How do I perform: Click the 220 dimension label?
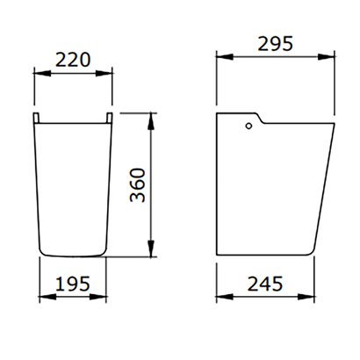73,60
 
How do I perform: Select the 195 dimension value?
73,284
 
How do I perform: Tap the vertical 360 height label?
138,185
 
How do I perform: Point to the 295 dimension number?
275,44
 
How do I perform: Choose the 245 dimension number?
265,284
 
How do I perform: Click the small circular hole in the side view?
248,126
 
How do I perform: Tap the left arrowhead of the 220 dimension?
42,74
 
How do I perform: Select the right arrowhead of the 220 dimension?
104,74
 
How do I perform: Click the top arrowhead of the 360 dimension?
151,121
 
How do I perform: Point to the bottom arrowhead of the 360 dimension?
151,248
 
